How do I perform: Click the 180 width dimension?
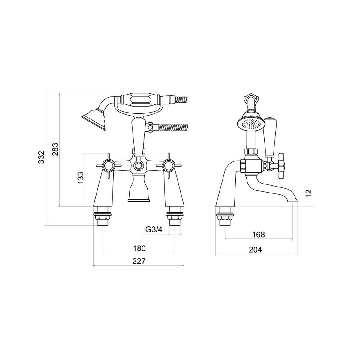click(139, 248)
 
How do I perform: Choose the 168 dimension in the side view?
click(259, 234)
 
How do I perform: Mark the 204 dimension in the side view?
click(256, 250)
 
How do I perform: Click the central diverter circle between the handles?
click(138, 165)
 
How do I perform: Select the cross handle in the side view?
click(282, 166)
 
